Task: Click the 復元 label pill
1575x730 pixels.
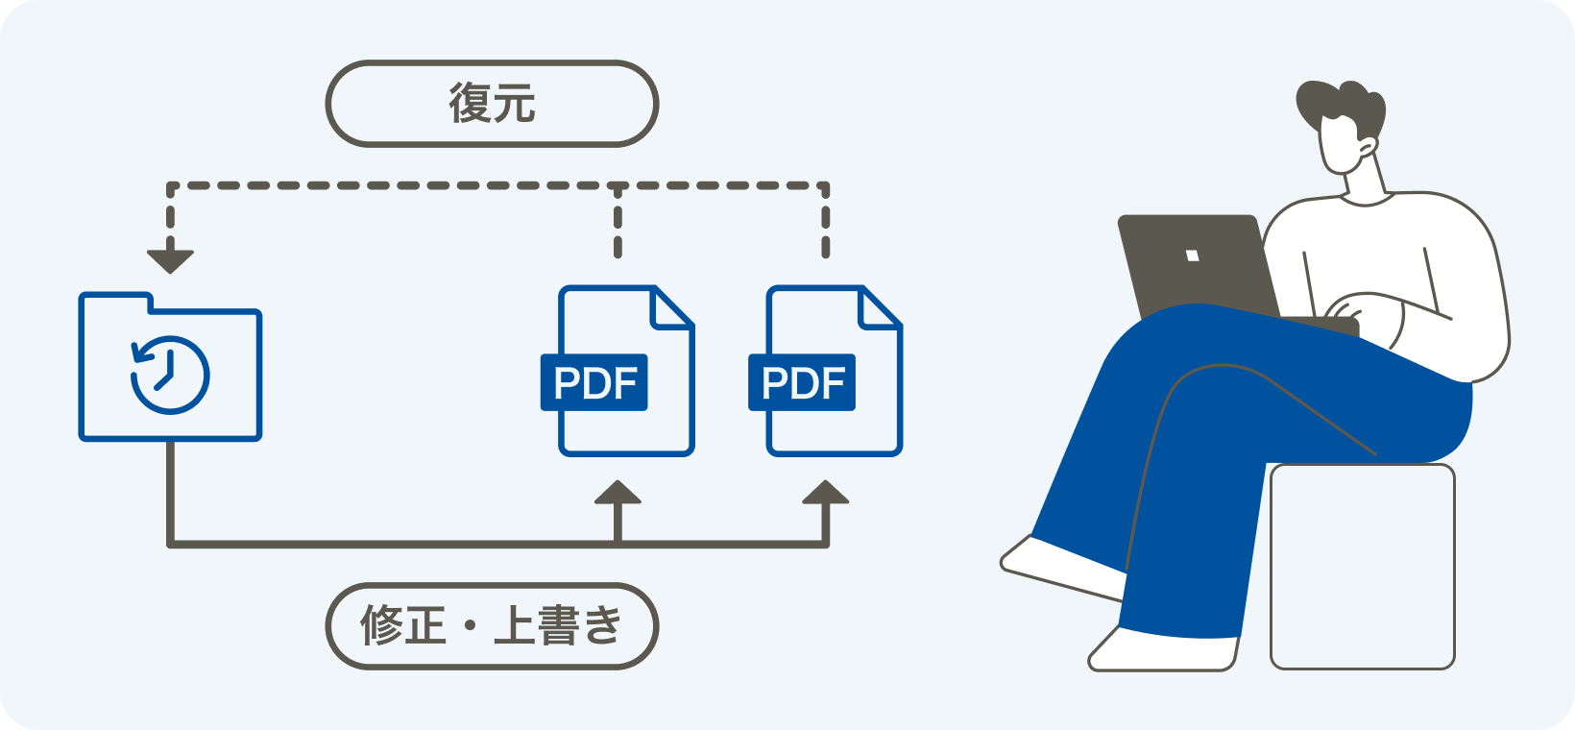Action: click(x=492, y=104)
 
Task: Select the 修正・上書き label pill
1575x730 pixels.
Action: click(x=492, y=626)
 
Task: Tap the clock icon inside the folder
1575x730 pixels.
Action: click(x=170, y=375)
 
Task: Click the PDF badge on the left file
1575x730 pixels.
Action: click(x=594, y=383)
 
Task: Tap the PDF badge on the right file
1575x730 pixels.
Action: click(x=802, y=383)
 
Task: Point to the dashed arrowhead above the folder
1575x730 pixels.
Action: click(x=170, y=260)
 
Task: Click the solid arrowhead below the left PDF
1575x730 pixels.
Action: click(x=618, y=494)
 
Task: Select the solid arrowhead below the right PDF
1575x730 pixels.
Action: click(x=825, y=494)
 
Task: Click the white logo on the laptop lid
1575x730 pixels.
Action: click(x=1192, y=255)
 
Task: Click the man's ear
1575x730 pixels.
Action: click(x=1369, y=147)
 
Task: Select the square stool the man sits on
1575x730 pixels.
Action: click(x=1362, y=567)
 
